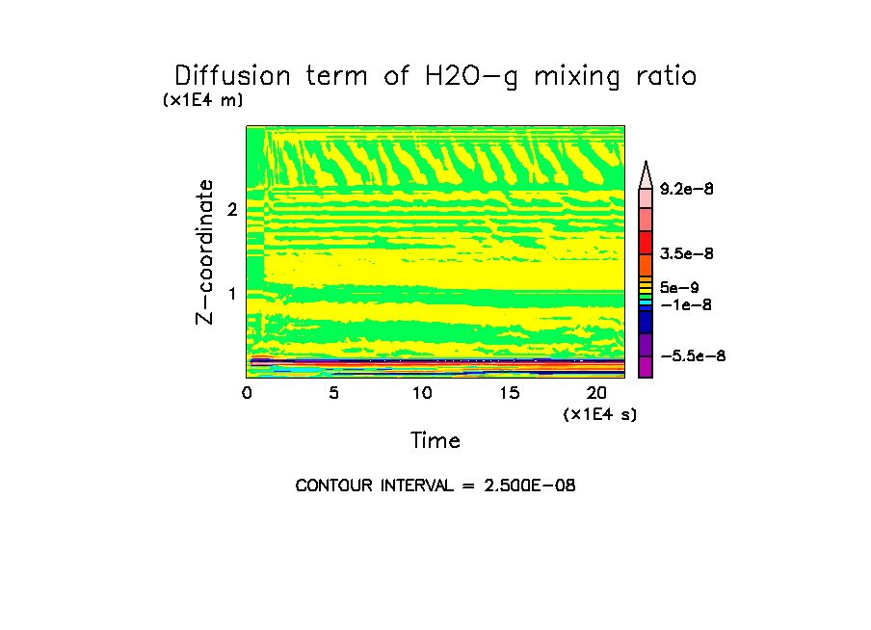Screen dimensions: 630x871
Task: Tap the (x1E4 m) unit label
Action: (202, 100)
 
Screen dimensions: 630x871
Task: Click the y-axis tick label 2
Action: (232, 209)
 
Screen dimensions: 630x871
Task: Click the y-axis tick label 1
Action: (232, 293)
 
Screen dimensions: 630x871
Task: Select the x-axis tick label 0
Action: (247, 393)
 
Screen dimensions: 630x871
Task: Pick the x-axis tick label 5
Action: (334, 393)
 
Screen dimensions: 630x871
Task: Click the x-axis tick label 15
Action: (509, 393)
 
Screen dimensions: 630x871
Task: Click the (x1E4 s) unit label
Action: (600, 414)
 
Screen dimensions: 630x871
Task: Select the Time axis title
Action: (435, 441)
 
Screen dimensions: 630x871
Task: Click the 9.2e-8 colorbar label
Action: (687, 190)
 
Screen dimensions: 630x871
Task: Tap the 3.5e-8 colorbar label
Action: (687, 253)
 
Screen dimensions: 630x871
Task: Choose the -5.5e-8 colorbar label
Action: (693, 356)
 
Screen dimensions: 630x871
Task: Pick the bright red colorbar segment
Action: (647, 242)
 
